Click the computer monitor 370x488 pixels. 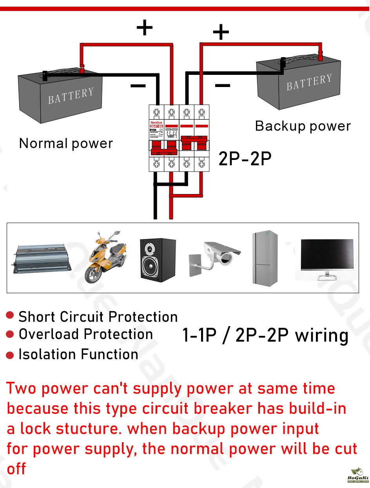(327, 259)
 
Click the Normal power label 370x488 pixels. (66, 143)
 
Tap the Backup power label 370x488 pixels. (303, 126)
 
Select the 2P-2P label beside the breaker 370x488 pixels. (245, 159)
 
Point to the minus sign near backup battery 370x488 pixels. (223, 85)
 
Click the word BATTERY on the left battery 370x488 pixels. (71, 96)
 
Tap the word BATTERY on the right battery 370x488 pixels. (309, 82)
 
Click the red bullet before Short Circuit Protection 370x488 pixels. (11, 316)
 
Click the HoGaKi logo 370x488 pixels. (358, 475)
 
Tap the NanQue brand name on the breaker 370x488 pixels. (156, 122)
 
